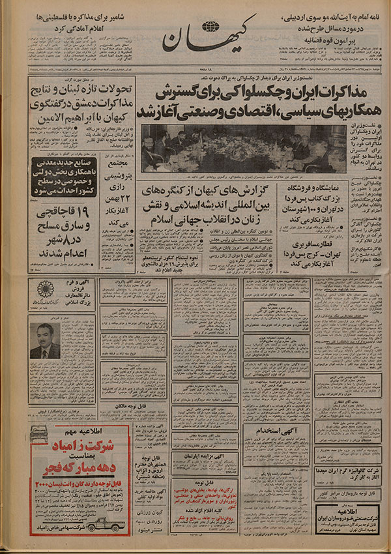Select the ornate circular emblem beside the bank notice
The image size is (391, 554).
[45, 288]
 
